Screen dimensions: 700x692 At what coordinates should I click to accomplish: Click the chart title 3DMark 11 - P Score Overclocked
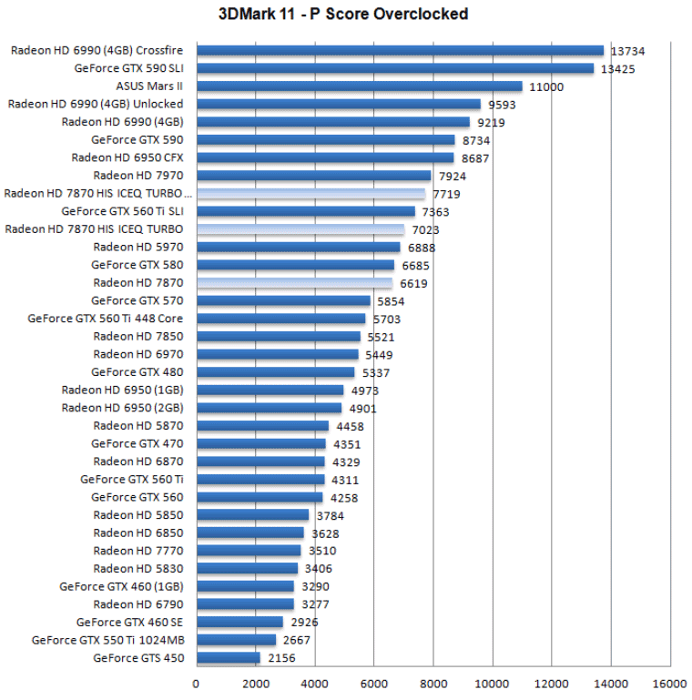click(343, 14)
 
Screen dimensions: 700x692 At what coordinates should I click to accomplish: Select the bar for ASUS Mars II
click(359, 86)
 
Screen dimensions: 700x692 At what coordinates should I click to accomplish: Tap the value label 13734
click(628, 51)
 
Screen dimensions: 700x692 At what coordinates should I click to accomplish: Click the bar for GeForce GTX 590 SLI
click(394, 68)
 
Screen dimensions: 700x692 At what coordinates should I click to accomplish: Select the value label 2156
click(281, 658)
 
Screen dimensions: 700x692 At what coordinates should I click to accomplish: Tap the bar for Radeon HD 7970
click(313, 176)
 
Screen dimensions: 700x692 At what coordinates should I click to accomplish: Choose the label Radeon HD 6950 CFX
click(127, 157)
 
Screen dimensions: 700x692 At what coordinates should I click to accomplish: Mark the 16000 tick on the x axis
click(669, 684)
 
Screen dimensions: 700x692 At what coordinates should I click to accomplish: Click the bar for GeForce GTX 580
click(295, 265)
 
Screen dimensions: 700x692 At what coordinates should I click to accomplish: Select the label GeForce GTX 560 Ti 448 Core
click(106, 319)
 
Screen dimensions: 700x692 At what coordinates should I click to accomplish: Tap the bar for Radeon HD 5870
click(262, 425)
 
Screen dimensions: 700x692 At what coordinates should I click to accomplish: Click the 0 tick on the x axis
click(196, 684)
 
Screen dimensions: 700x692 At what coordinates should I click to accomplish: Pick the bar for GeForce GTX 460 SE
click(239, 622)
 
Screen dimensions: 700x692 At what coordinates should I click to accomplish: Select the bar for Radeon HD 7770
click(248, 550)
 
